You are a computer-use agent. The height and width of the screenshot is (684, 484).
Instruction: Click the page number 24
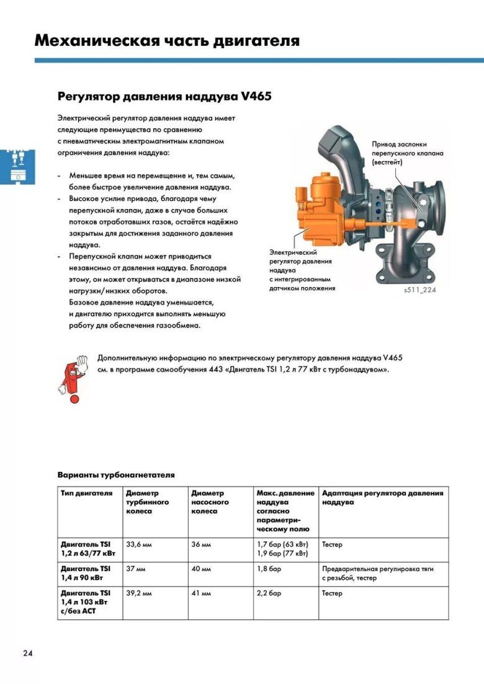click(28, 653)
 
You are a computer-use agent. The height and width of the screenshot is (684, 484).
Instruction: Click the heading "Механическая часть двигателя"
click(167, 41)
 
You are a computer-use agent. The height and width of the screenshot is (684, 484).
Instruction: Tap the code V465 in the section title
click(252, 97)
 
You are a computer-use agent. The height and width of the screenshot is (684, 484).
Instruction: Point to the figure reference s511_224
click(419, 290)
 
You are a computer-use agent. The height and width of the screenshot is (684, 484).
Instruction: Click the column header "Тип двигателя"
click(87, 494)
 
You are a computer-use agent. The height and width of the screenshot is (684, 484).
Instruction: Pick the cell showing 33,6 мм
click(138, 544)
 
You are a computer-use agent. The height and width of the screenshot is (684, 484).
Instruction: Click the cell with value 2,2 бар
click(269, 593)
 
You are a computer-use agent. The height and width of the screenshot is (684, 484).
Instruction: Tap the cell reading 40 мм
click(201, 568)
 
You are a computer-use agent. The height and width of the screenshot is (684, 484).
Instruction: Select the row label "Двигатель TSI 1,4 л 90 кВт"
click(86, 572)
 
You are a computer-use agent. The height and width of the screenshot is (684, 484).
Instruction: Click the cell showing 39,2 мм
click(138, 593)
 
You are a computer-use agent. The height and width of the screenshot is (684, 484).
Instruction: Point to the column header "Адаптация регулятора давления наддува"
click(382, 497)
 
